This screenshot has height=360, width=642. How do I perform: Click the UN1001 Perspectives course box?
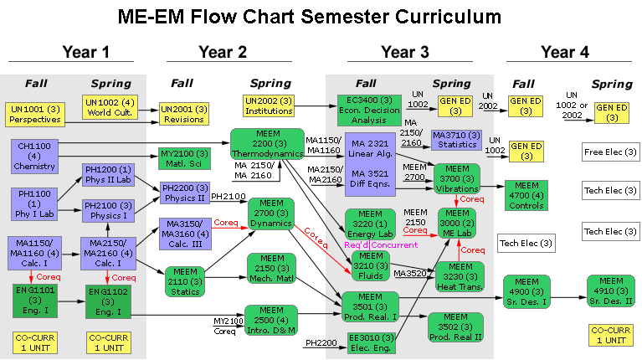coord(31,114)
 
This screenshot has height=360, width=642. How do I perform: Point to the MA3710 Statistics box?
coord(455,140)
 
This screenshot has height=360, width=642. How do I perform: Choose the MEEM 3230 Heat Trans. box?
coord(460,277)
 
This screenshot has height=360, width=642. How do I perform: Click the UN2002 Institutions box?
coord(269,105)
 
